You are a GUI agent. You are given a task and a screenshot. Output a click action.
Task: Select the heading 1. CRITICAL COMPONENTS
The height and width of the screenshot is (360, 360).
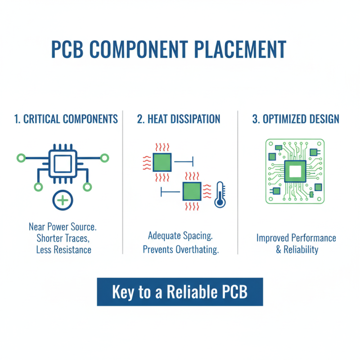coord(66,119)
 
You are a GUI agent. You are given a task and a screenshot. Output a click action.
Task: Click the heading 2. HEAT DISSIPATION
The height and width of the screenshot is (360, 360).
coord(179,119)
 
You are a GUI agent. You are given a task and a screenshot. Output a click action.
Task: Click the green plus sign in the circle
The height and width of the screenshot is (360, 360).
coord(63,199)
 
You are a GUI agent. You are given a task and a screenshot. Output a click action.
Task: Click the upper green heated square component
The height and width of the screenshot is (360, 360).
coord(162,162)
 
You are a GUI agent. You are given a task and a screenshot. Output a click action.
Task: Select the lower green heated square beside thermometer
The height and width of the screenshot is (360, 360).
coord(192,191)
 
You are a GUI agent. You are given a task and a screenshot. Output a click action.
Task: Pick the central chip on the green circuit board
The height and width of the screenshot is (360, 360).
coord(295,171)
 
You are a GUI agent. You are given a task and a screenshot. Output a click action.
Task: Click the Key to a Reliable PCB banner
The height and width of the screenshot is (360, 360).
coord(180,292)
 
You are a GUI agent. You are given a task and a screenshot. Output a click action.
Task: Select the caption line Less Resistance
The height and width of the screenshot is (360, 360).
coord(63,250)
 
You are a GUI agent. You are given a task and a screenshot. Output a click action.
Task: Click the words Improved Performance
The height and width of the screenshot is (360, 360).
coord(296,238)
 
